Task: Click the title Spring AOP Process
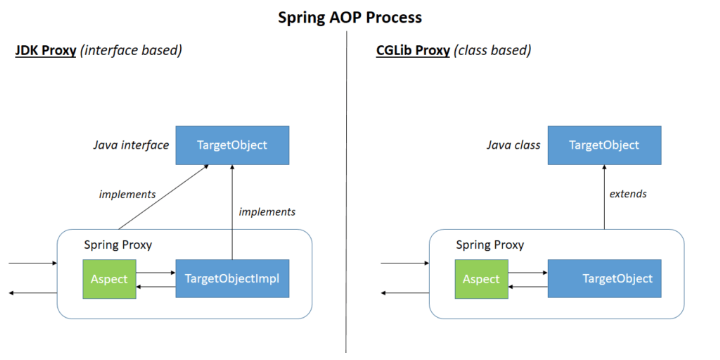tap(359, 17)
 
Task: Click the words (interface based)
tap(135, 50)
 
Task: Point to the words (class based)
tap(492, 50)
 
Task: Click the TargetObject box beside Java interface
tap(232, 145)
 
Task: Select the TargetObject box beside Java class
tap(603, 145)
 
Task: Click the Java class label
tap(513, 146)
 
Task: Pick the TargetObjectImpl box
tap(232, 278)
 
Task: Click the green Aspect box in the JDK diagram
tap(109, 278)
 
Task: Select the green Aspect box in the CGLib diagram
tap(480, 278)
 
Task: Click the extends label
tap(628, 194)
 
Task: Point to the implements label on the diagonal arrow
tap(126, 194)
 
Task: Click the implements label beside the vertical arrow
tap(267, 212)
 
